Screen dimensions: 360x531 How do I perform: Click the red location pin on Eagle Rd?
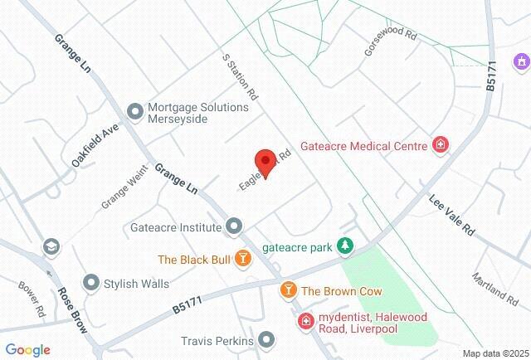point(265,160)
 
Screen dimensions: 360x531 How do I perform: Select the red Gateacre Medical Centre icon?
point(441,146)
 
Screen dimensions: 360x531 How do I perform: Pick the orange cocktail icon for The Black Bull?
point(243,260)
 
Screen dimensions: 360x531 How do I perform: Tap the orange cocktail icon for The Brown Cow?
point(288,290)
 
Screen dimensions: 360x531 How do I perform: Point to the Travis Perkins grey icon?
point(266,340)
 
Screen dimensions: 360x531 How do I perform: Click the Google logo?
point(27,350)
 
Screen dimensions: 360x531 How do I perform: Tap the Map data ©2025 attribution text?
point(494,353)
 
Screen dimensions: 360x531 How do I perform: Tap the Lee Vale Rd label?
point(451,216)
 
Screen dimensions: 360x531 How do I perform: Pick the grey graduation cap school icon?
point(51,246)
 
